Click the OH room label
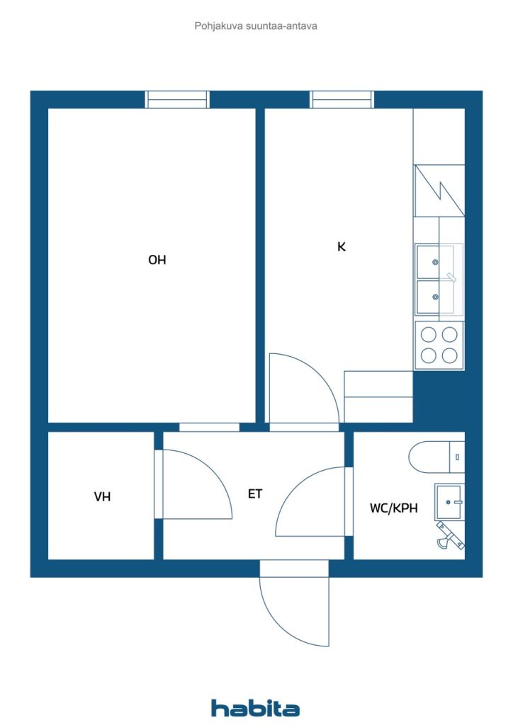(157, 260)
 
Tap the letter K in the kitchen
(342, 247)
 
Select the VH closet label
(102, 496)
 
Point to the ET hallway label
(255, 493)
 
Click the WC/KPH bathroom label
(394, 508)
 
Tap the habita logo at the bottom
(255, 708)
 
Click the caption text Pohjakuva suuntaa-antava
(256, 26)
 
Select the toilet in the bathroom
(436, 457)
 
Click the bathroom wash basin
(449, 502)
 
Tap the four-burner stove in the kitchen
(439, 346)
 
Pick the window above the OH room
(177, 99)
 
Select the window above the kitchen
(342, 99)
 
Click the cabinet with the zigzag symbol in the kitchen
(439, 190)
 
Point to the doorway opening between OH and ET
(209, 427)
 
